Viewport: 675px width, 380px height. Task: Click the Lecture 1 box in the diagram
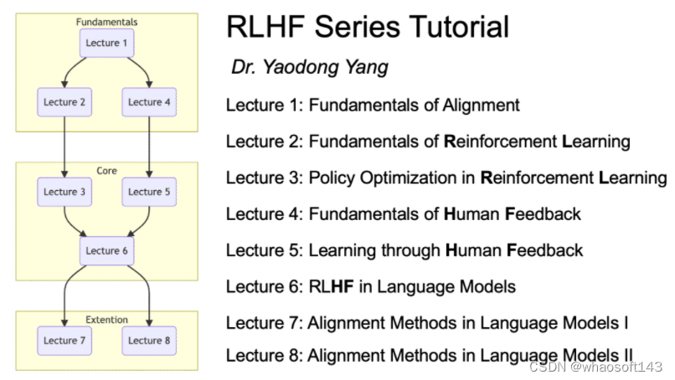click(107, 44)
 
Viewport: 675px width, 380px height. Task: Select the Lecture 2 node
click(64, 102)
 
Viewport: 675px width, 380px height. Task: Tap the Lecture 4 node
click(149, 102)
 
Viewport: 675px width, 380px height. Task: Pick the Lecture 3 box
click(64, 192)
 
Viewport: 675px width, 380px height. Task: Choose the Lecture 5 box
click(149, 192)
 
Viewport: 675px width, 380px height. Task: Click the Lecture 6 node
click(107, 250)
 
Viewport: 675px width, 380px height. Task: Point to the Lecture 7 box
click(64, 340)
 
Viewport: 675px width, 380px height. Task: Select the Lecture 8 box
click(149, 340)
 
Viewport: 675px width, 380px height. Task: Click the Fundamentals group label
click(106, 21)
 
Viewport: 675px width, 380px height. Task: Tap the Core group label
click(106, 171)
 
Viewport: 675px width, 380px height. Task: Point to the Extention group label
click(106, 319)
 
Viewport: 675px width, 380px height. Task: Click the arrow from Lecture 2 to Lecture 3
click(64, 146)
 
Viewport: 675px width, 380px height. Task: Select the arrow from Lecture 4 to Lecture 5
click(149, 146)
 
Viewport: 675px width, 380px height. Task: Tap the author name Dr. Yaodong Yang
click(310, 68)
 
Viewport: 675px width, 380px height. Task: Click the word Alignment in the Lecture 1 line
click(482, 105)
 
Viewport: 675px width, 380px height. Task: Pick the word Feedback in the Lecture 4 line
click(543, 214)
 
